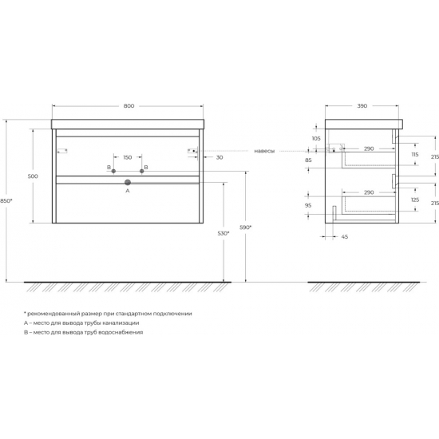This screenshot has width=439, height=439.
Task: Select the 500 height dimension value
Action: (x=33, y=176)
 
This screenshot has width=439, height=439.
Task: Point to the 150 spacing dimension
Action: (x=128, y=156)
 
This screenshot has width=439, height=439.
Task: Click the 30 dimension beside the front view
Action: (x=218, y=156)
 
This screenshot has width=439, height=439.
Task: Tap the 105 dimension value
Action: (x=316, y=138)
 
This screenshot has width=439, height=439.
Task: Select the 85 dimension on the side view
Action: (x=308, y=160)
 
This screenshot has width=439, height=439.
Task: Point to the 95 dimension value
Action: (x=308, y=205)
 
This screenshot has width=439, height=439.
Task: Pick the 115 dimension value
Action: (x=413, y=155)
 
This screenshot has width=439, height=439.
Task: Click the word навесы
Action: (x=264, y=149)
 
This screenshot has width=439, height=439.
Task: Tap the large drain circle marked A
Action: (x=127, y=183)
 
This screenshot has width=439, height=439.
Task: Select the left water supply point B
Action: (x=114, y=171)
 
